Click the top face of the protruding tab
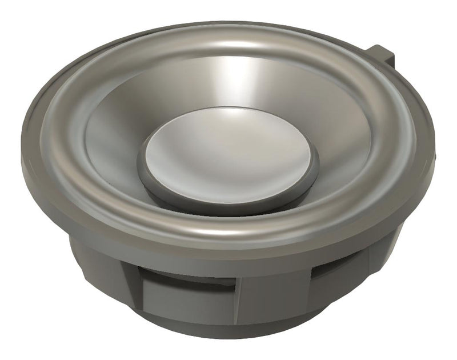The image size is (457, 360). pos(380,48)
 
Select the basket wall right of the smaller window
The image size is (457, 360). pos(371,263)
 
